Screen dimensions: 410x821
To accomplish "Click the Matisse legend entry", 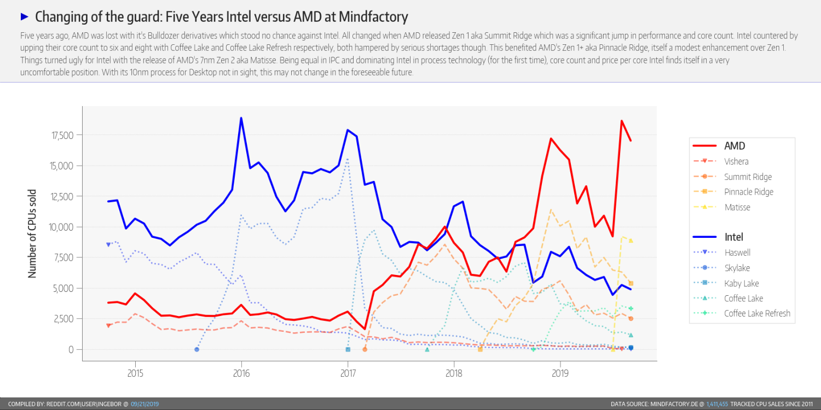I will coord(737,207).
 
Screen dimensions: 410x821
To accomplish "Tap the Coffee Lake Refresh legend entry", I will coord(757,313).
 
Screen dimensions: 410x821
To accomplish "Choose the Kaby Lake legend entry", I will coord(741,283).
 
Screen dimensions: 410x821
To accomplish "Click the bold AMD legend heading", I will coord(735,146).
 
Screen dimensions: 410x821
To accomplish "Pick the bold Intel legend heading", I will coord(733,237).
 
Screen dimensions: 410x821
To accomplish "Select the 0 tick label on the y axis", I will coord(71,349).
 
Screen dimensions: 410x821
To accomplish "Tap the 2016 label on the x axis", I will coord(241,374).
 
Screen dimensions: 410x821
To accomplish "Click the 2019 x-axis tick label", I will coord(560,374).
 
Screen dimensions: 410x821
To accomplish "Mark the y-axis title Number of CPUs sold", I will coord(32,233).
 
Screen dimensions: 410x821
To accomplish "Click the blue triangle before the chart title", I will coord(24,17).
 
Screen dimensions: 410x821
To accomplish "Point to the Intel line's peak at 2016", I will coord(241,118).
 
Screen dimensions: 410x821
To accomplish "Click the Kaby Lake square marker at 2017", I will coord(348,349).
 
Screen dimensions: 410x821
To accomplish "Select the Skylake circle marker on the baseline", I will coord(196,349).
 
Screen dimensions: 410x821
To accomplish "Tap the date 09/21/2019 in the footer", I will coord(144,404).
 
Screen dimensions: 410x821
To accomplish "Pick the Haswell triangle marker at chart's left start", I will coord(108,245).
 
